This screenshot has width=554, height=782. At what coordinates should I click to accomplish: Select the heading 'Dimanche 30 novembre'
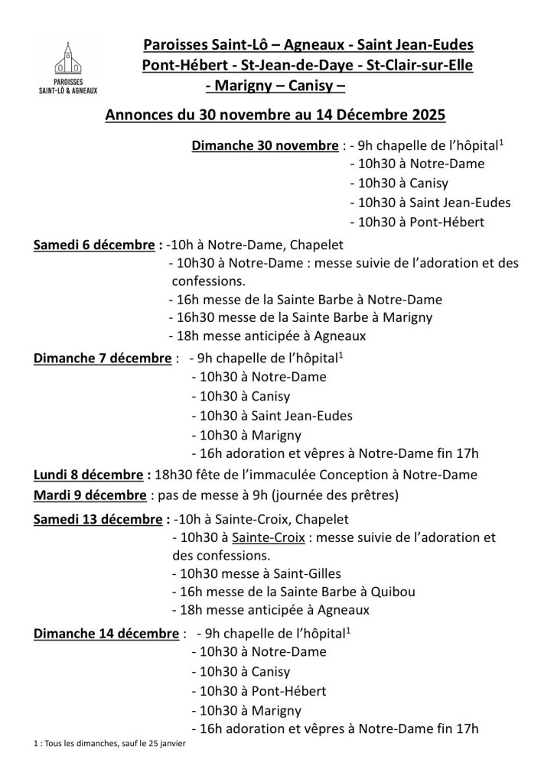coord(264,146)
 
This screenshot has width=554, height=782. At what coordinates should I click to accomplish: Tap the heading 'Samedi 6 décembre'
coord(94,245)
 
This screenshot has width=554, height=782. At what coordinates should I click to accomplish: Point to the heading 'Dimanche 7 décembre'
coord(103,358)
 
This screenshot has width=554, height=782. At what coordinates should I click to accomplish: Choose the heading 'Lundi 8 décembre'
coord(87,475)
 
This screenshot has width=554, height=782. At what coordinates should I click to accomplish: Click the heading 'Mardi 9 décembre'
coord(90,495)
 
